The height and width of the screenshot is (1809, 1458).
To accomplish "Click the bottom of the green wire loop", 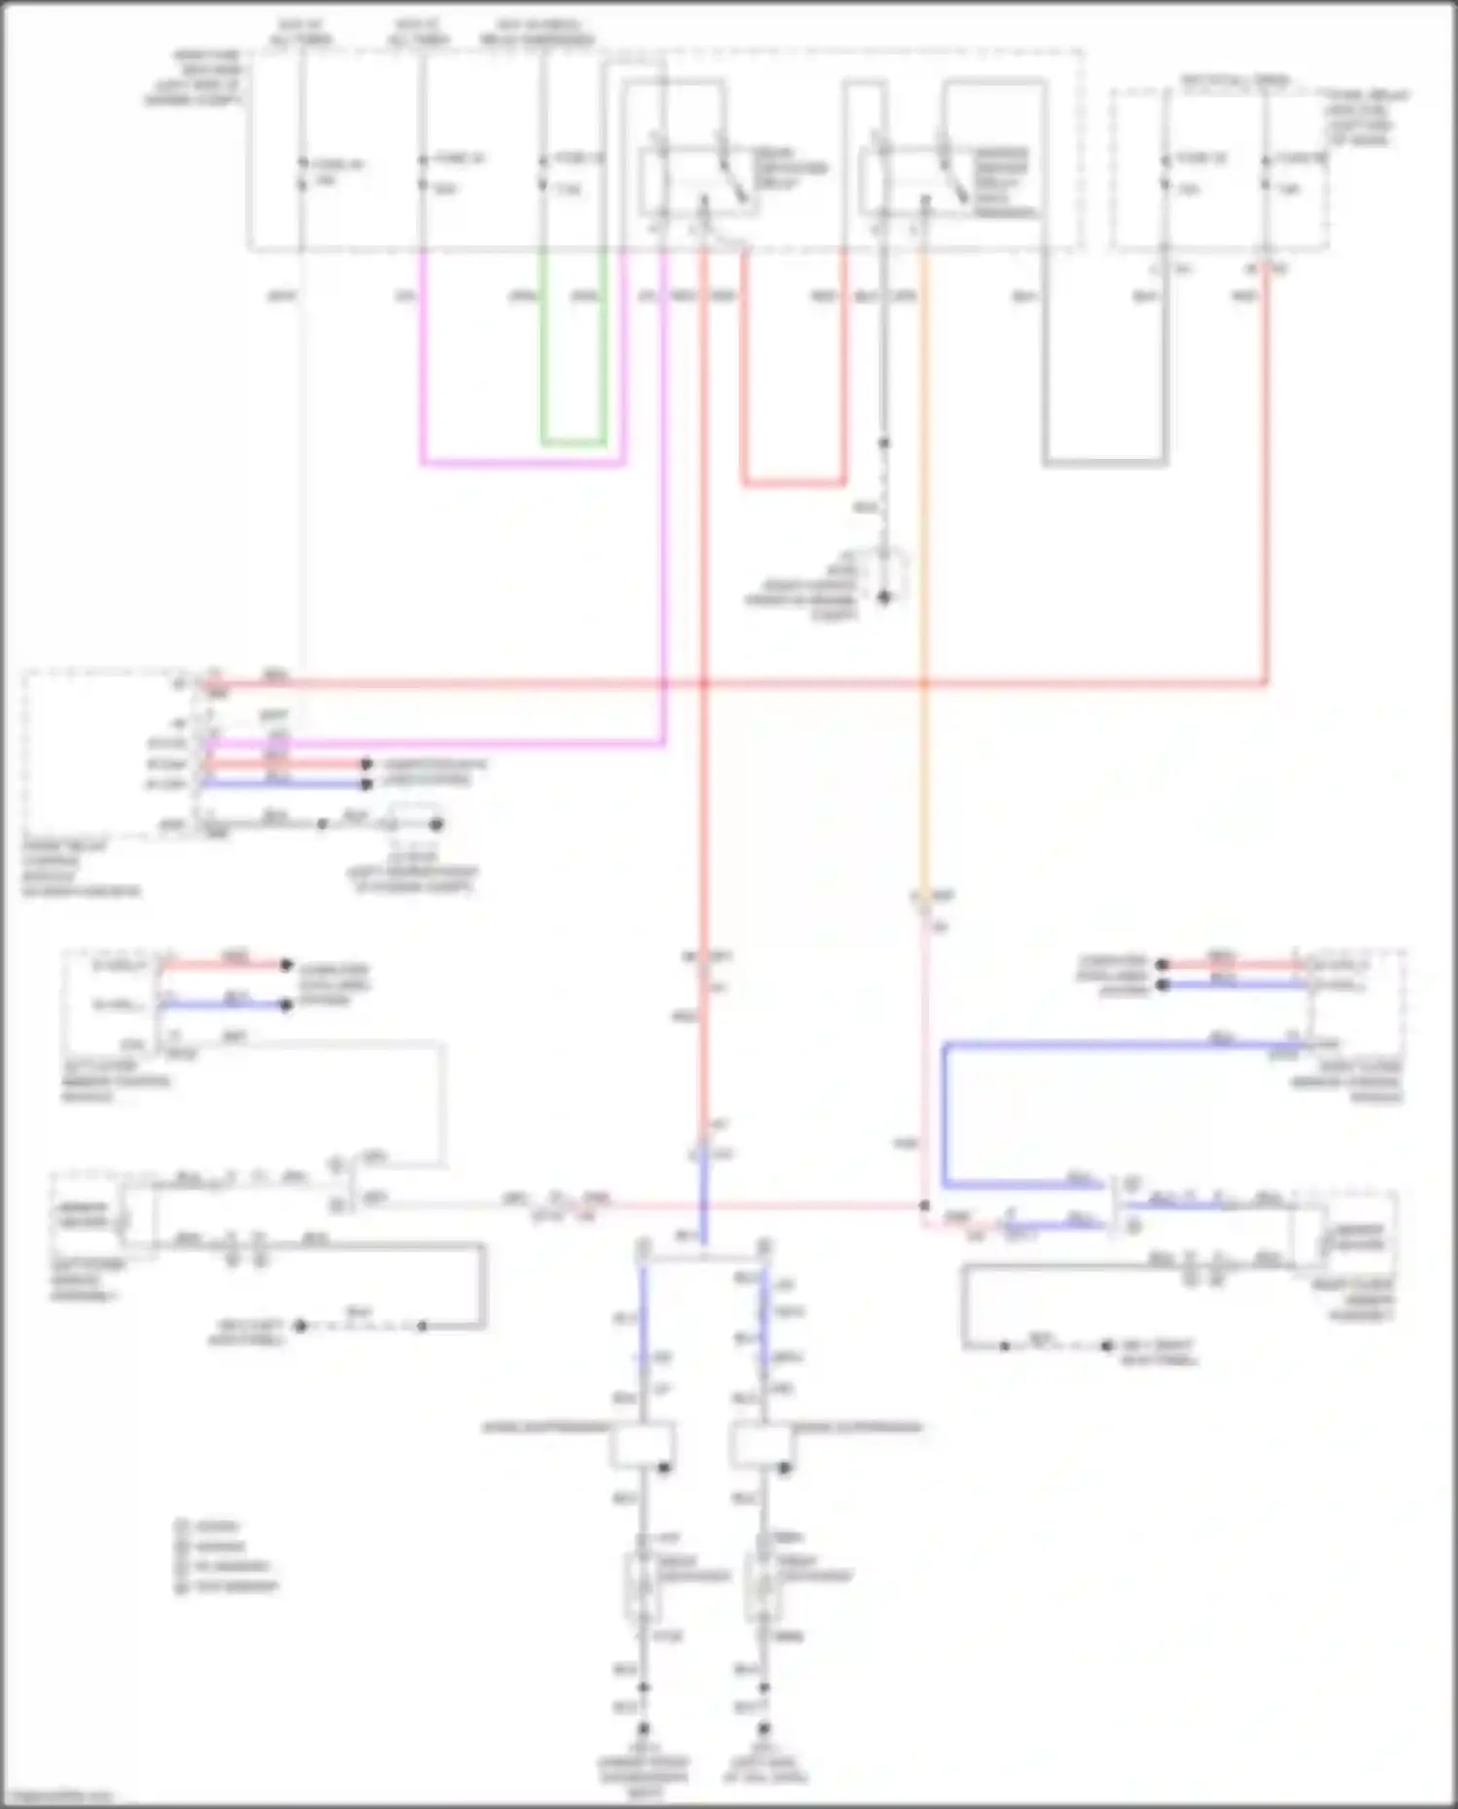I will [x=573, y=443].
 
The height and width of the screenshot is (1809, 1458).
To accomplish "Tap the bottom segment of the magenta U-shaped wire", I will [x=522, y=464].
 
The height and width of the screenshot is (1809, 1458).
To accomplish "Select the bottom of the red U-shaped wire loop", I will [x=793, y=482].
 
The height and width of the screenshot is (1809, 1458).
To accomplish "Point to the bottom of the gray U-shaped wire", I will [x=1104, y=463].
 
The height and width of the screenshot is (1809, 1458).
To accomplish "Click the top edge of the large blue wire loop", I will [x=1118, y=1046].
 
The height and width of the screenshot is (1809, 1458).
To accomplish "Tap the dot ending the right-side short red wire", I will [x=1162, y=964].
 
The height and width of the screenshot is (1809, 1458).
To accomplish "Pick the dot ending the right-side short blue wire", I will [x=1162, y=986].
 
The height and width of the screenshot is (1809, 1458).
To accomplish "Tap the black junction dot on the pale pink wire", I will [x=924, y=1205].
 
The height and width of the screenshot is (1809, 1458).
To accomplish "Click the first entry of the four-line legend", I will [x=208, y=1526].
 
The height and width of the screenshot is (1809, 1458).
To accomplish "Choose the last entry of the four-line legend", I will [x=227, y=1586].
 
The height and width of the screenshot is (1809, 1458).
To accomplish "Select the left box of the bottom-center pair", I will [x=642, y=1445].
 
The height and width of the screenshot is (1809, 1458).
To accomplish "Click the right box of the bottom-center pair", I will [x=763, y=1445].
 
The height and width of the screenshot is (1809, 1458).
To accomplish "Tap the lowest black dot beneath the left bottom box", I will [x=642, y=1729].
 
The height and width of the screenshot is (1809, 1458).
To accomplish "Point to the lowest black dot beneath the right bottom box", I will [x=764, y=1729].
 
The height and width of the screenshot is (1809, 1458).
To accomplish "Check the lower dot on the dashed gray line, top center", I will [x=885, y=597].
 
